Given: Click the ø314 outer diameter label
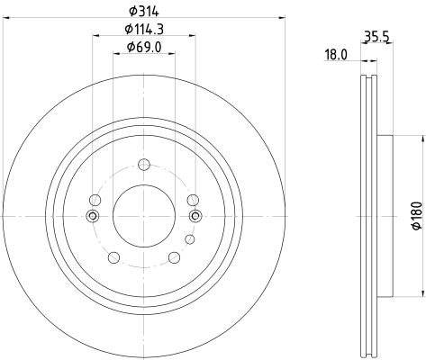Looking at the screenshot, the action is (143, 12).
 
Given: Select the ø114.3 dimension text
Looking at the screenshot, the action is (144, 29).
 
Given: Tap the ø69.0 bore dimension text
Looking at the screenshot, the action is (144, 47).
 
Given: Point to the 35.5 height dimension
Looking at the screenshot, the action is (376, 37).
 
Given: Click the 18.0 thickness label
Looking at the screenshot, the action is (336, 55).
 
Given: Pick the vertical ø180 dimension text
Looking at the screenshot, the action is (417, 216).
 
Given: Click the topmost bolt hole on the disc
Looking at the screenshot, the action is (144, 165).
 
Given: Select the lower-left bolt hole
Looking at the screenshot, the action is (113, 257).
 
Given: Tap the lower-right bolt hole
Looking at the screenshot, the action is (174, 257).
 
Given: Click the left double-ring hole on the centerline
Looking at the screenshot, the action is (93, 216).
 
